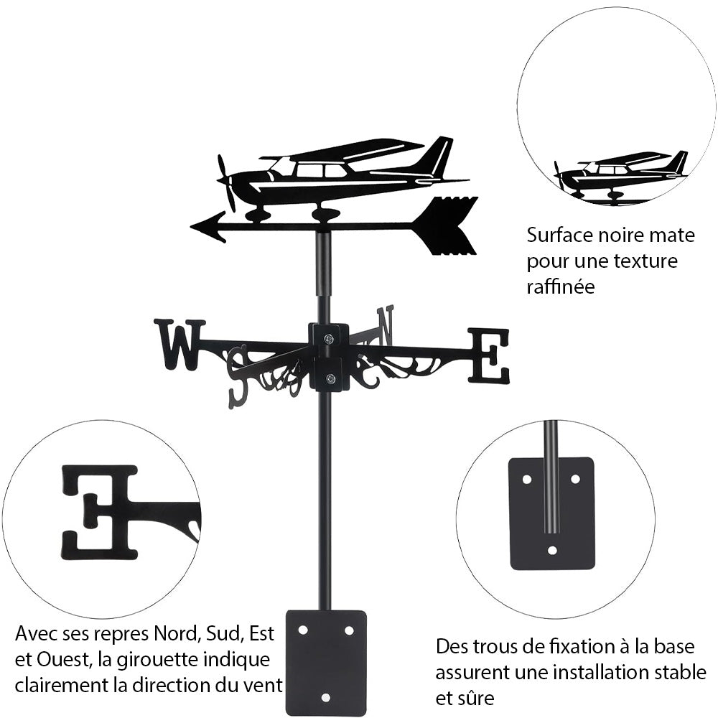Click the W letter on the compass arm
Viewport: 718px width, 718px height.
pos(178,344)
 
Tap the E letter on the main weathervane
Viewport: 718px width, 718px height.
pos(489,355)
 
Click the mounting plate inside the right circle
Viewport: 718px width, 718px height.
pos(551,513)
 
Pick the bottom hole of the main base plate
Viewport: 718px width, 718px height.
pos(326,696)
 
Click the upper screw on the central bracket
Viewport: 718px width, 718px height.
pos(328,339)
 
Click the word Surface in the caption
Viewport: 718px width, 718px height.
pos(558,235)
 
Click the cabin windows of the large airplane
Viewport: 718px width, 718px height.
pos(320,171)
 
